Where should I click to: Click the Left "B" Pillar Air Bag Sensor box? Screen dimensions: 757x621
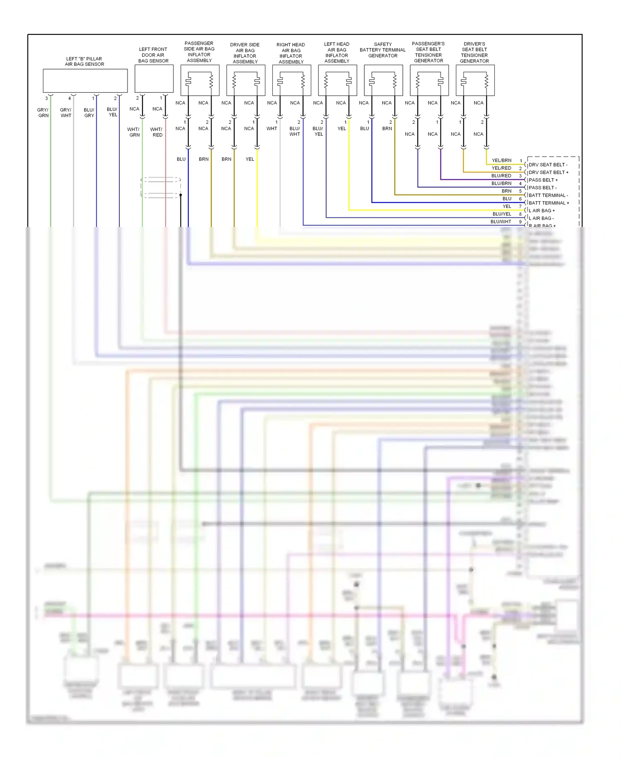[x=85, y=81]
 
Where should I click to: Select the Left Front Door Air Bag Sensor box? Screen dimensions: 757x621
[x=154, y=79]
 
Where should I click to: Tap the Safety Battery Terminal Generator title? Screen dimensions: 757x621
[x=383, y=50]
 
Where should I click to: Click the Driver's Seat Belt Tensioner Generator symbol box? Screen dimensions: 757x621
[x=475, y=80]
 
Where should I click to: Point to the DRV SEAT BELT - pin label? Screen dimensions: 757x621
[x=548, y=165]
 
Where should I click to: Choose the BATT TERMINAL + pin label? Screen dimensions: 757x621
[x=549, y=203]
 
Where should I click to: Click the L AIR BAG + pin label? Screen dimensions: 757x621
[x=542, y=211]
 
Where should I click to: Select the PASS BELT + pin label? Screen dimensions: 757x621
[x=543, y=180]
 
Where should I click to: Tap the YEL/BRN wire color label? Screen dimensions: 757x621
[x=501, y=160]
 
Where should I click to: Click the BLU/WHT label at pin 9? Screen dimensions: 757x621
[x=501, y=222]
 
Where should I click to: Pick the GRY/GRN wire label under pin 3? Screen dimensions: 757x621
[x=43, y=113]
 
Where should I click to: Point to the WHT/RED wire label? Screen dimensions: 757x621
[x=157, y=132]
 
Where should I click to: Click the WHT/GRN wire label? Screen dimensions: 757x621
[x=134, y=132]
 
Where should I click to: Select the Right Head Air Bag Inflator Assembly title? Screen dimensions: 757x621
[x=291, y=53]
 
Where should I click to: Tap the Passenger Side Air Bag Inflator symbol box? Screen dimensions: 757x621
[x=200, y=80]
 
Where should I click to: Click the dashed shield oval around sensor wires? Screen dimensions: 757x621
[x=161, y=188]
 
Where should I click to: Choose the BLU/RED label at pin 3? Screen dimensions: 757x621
[x=501, y=176]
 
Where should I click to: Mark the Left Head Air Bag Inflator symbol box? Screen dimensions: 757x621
[x=337, y=80]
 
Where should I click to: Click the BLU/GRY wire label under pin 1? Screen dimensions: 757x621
[x=89, y=113]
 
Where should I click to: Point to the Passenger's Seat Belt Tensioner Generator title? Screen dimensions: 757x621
[x=428, y=52]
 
